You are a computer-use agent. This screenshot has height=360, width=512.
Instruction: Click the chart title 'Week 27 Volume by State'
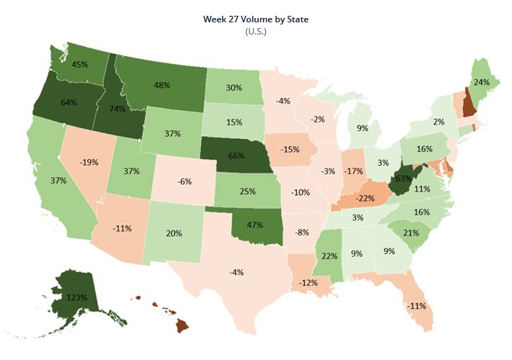(x=256, y=19)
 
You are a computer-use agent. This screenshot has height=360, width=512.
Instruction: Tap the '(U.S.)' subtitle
(x=256, y=32)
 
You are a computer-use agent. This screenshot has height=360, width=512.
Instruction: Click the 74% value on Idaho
(x=117, y=109)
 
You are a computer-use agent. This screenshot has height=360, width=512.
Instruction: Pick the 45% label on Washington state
(x=80, y=64)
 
